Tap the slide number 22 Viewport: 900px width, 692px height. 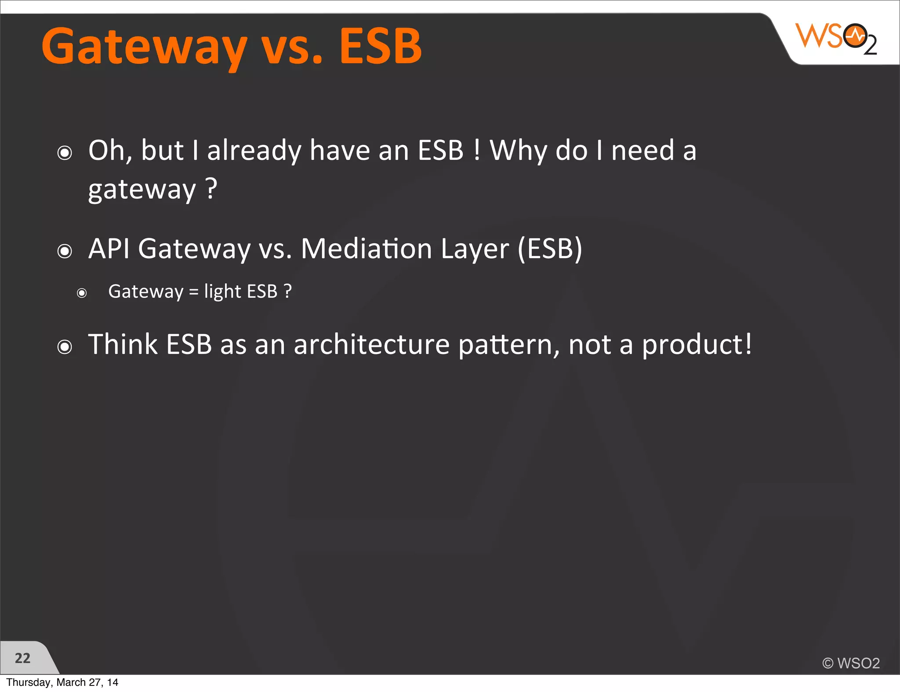pos(22,658)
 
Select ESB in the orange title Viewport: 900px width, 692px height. pos(380,46)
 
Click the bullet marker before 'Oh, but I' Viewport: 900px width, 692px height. pos(65,153)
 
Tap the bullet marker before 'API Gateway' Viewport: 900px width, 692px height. pos(65,251)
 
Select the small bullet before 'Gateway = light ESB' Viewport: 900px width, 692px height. pos(82,293)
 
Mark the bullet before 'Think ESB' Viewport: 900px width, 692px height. pos(65,347)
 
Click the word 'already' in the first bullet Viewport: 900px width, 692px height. pos(254,151)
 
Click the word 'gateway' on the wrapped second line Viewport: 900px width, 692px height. pos(142,190)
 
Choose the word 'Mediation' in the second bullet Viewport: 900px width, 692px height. pos(367,249)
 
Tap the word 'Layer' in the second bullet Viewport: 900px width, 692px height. pos(475,249)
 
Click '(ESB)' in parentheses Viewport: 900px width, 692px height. pos(550,249)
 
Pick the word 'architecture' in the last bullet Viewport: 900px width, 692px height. pos(372,344)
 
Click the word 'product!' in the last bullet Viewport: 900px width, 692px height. pos(697,344)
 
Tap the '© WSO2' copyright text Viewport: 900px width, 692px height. pos(851,663)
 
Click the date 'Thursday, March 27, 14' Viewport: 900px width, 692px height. pos(62,682)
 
